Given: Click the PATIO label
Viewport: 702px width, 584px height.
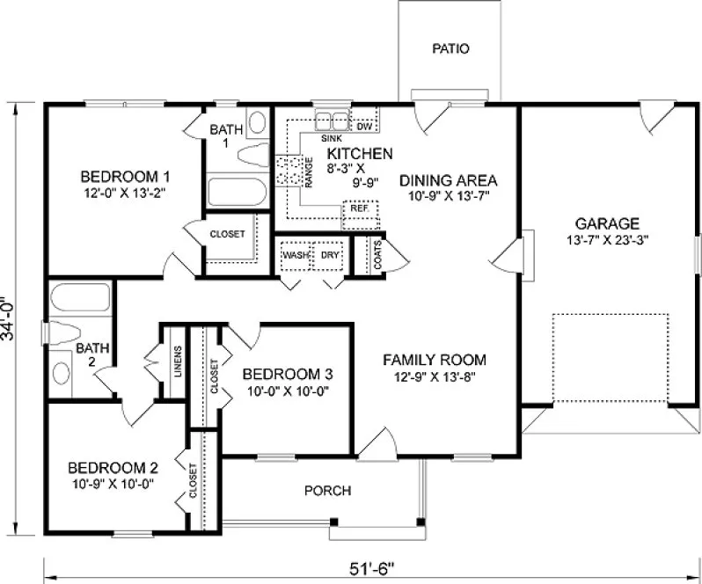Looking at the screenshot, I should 450,48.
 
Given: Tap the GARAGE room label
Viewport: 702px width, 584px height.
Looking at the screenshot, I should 607,223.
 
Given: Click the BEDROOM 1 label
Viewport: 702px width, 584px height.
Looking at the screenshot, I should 118,173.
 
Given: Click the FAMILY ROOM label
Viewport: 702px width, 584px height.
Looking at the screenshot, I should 434,360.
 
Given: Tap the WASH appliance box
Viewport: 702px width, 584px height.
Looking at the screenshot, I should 296,255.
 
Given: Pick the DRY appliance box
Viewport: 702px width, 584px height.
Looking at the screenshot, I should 330,255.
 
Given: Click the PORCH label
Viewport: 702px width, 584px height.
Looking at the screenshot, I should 327,490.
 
